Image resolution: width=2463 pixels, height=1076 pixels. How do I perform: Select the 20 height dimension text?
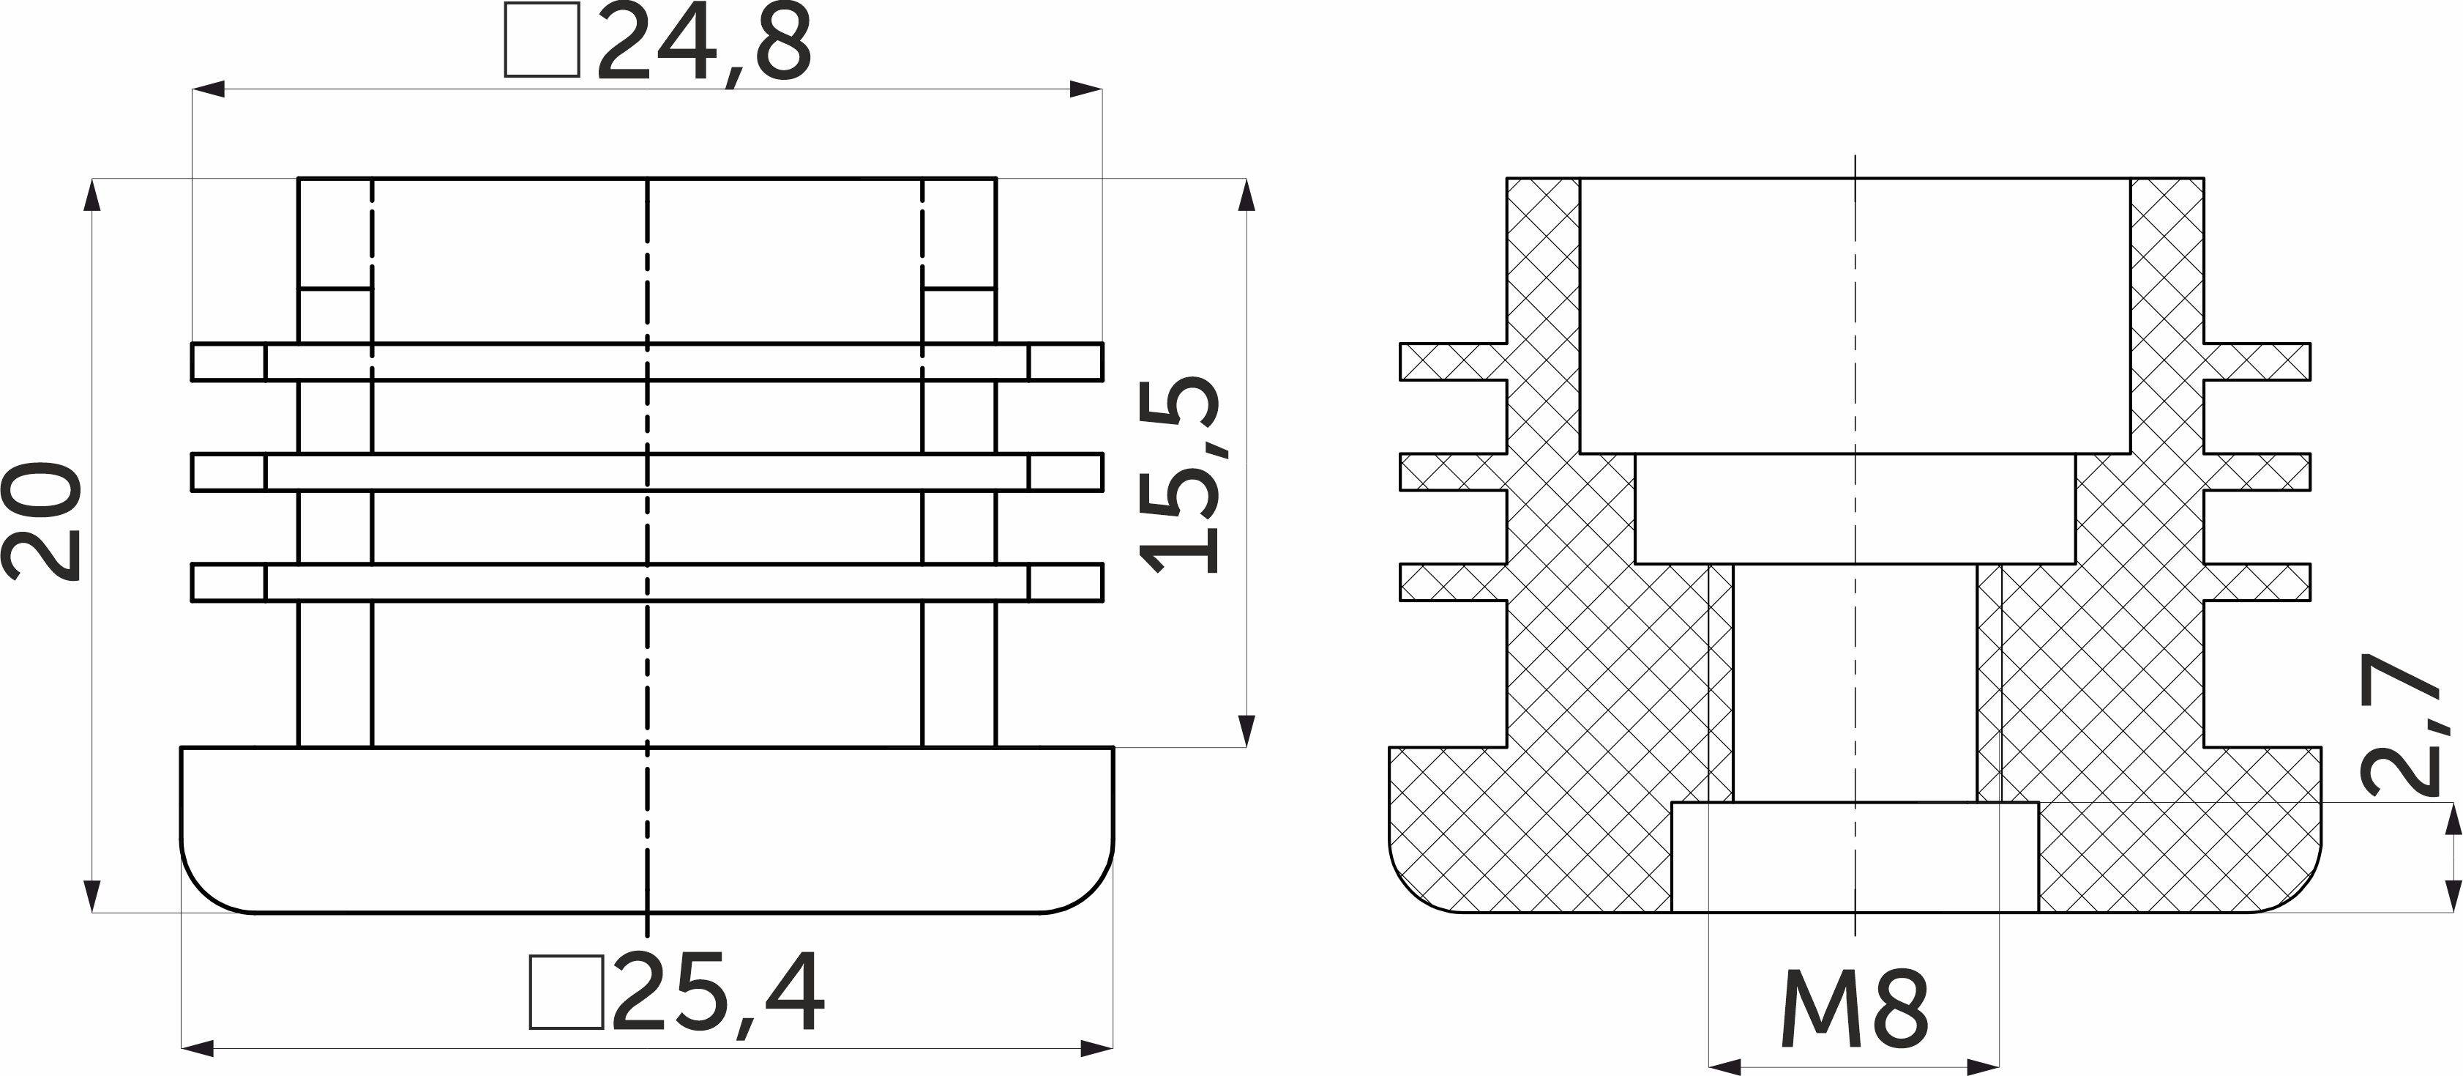(x=42, y=522)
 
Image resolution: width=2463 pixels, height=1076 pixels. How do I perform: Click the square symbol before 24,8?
(x=542, y=40)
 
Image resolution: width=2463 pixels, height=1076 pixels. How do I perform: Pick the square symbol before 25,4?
(x=566, y=992)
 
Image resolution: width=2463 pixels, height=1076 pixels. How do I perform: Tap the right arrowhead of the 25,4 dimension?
(x=1099, y=1048)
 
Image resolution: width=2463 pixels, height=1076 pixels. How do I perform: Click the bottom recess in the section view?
(x=1854, y=857)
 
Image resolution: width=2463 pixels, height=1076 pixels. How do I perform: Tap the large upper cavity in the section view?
(x=1854, y=316)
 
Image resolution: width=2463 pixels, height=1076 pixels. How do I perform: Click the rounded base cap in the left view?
(x=647, y=829)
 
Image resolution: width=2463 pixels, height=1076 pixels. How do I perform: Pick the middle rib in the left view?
(x=647, y=472)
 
